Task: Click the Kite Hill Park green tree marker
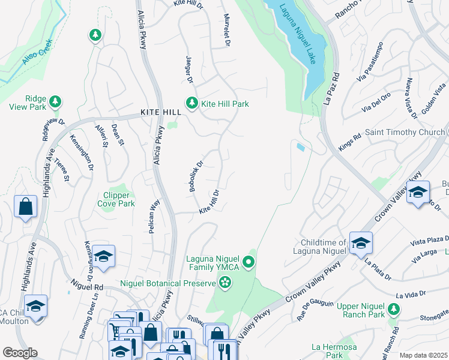pyautogui.click(x=191, y=103)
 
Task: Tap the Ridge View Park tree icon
pyautogui.click(x=55, y=100)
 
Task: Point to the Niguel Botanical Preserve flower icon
pyautogui.click(x=225, y=282)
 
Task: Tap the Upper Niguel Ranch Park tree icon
pyautogui.click(x=393, y=309)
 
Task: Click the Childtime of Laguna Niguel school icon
pyautogui.click(x=361, y=243)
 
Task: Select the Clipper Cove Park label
pyautogui.click(x=115, y=199)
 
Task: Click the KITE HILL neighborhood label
pyautogui.click(x=160, y=112)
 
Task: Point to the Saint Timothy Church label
pyautogui.click(x=404, y=132)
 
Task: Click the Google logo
pyautogui.click(x=20, y=353)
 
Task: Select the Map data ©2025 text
pyautogui.click(x=423, y=355)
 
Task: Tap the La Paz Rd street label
pyautogui.click(x=331, y=89)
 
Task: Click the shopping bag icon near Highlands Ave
pyautogui.click(x=26, y=207)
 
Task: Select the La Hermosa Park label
pyautogui.click(x=334, y=351)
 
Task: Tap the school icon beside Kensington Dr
pyautogui.click(x=103, y=256)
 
